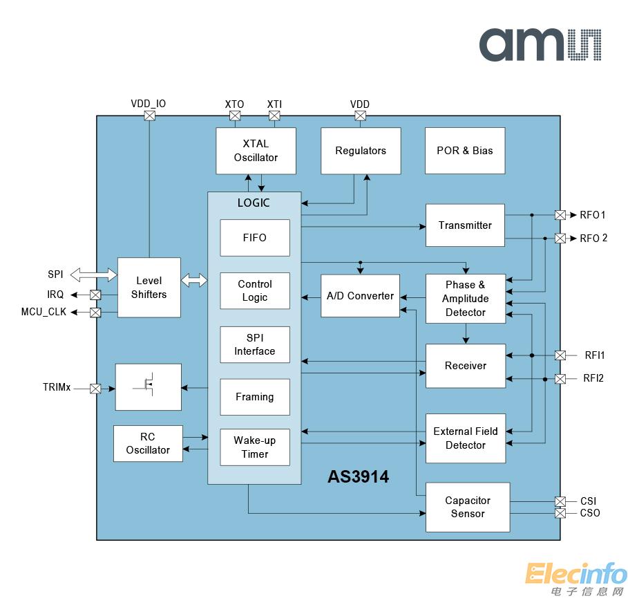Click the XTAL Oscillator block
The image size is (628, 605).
(256, 151)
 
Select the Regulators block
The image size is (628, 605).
(361, 151)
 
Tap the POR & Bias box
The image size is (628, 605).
(465, 151)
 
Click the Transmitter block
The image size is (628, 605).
(465, 225)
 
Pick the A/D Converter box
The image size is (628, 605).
(360, 296)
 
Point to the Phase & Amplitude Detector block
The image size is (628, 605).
(465, 299)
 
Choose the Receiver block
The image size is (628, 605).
(465, 366)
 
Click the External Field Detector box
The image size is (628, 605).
(465, 438)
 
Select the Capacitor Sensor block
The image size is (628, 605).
(468, 507)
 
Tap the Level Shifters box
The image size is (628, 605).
(149, 288)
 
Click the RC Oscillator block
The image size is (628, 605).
(148, 443)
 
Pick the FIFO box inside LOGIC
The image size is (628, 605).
(254, 238)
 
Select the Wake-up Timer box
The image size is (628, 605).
(254, 447)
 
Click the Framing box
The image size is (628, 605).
(254, 397)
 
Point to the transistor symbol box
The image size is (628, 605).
(148, 387)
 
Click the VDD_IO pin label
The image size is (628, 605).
(149, 104)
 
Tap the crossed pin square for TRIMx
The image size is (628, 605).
(95, 389)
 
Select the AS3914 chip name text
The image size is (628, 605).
(358, 476)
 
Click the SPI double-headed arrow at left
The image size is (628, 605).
(93, 275)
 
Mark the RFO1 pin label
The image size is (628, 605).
(593, 215)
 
